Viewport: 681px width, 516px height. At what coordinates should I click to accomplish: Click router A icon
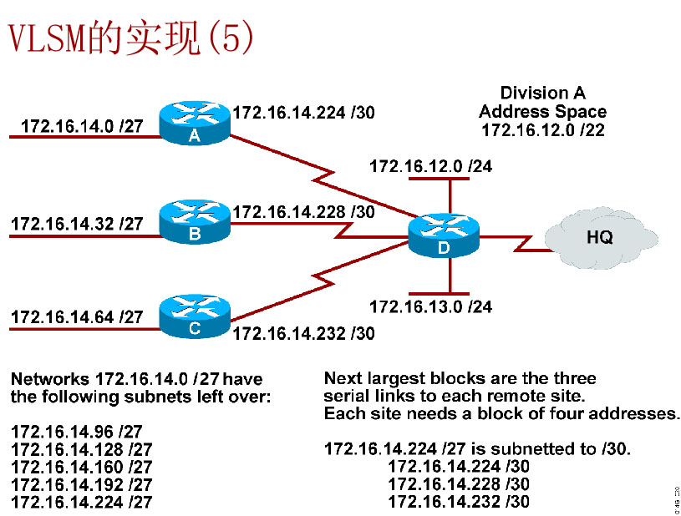pyautogui.click(x=194, y=123)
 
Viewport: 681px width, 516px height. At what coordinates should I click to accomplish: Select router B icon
pyautogui.click(x=194, y=221)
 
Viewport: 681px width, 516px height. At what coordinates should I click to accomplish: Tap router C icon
pyautogui.click(x=194, y=316)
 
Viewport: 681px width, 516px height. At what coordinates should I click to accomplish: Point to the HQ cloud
pyautogui.click(x=598, y=236)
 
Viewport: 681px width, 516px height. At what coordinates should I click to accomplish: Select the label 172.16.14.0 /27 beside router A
pyautogui.click(x=81, y=126)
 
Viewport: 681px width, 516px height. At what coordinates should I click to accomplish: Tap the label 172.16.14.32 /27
pyautogui.click(x=76, y=224)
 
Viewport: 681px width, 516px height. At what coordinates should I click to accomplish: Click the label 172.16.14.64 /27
pyautogui.click(x=76, y=317)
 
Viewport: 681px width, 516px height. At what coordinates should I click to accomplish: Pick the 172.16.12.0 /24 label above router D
pyautogui.click(x=430, y=167)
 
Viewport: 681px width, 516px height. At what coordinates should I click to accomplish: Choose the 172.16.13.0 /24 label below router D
pyautogui.click(x=430, y=307)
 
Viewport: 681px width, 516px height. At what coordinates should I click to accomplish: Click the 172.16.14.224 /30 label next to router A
pyautogui.click(x=303, y=112)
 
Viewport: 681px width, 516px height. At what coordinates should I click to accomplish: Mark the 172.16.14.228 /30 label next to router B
pyautogui.click(x=303, y=212)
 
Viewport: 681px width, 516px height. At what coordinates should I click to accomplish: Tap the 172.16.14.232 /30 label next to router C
pyautogui.click(x=303, y=334)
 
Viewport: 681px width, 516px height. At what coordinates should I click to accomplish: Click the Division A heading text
pyautogui.click(x=542, y=93)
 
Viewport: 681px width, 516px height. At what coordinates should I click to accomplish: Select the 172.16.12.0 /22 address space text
pyautogui.click(x=542, y=129)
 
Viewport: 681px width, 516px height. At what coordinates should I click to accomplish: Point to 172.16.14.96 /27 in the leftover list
pyautogui.click(x=76, y=432)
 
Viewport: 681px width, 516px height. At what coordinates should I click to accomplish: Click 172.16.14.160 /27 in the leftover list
pyautogui.click(x=81, y=467)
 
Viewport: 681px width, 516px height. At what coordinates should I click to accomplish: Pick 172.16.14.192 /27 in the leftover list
pyautogui.click(x=81, y=484)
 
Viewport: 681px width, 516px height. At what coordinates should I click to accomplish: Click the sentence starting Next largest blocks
pyautogui.click(x=460, y=379)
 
